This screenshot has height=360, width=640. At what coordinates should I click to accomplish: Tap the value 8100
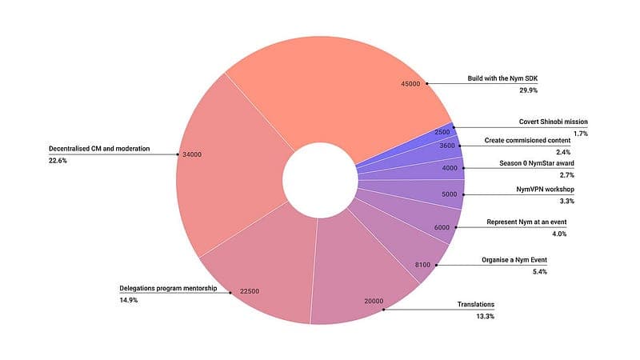pyautogui.click(x=422, y=265)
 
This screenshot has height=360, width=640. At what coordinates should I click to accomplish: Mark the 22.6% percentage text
pyautogui.click(x=58, y=161)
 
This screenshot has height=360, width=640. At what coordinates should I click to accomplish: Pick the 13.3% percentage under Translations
pyautogui.click(x=485, y=317)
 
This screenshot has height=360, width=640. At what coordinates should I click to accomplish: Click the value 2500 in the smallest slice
pyautogui.click(x=442, y=132)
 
